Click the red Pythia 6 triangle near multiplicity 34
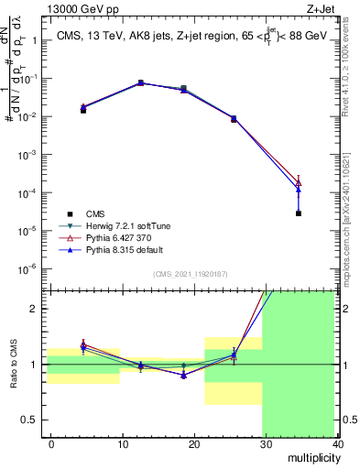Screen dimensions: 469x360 tap(300, 182)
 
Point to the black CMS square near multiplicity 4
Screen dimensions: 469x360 tap(83, 110)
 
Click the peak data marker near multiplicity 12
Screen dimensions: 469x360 tap(141, 82)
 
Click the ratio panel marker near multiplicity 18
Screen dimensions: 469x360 tap(184, 375)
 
